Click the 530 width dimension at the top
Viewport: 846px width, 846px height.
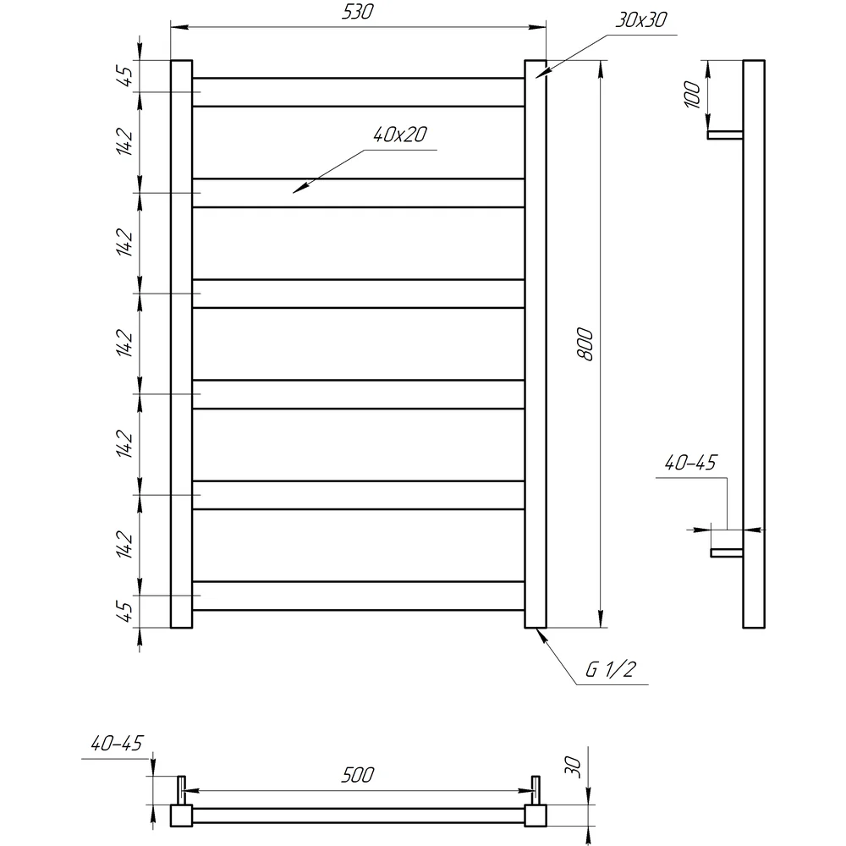point(357,12)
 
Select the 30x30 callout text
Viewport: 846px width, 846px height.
point(641,20)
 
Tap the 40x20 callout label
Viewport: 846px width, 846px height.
point(400,135)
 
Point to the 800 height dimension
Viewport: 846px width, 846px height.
point(585,343)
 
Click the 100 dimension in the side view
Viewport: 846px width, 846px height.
point(692,95)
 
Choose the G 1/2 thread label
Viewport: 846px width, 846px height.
point(611,669)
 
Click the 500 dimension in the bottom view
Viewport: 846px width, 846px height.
point(357,775)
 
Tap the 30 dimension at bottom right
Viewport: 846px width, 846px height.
point(574,766)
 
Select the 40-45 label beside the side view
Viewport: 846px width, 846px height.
point(690,463)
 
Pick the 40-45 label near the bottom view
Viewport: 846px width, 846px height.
point(117,744)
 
